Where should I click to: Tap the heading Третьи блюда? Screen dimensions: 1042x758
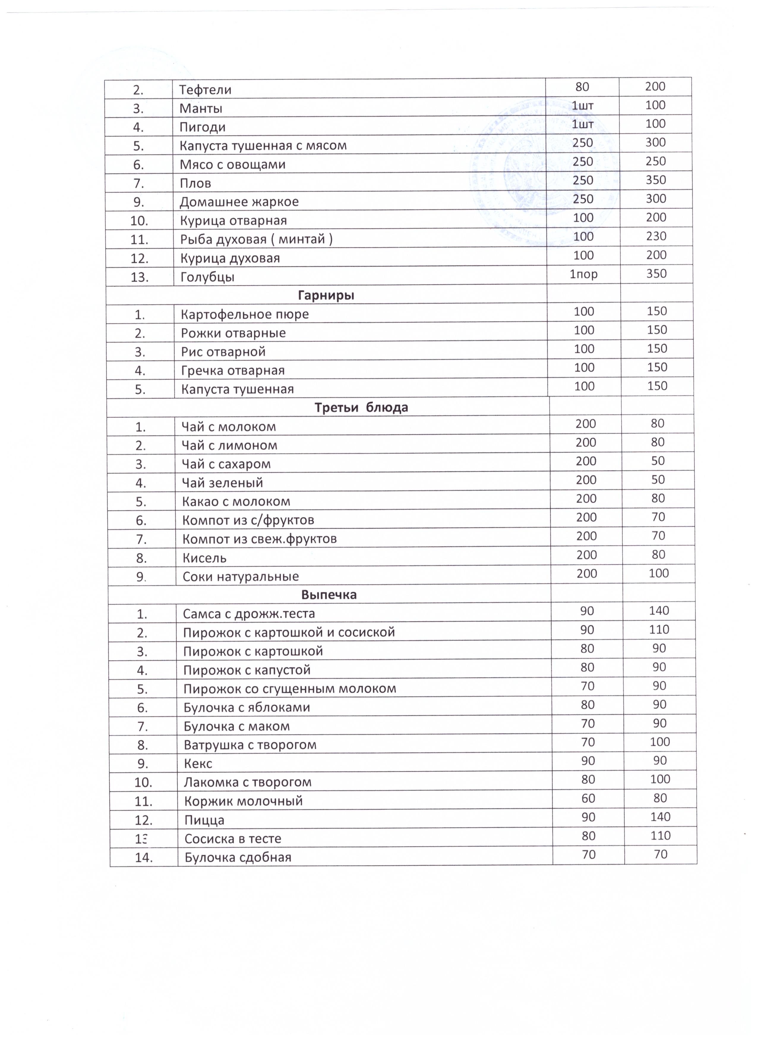[x=361, y=408]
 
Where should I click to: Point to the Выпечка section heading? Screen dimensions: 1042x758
[x=329, y=595]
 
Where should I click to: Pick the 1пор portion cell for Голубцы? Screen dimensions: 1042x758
[x=583, y=274]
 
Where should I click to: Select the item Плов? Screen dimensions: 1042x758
[x=195, y=183]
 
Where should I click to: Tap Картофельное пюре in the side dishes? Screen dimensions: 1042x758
[x=244, y=314]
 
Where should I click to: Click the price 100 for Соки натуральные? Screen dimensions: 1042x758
[x=659, y=573]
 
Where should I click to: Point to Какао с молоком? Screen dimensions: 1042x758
[x=236, y=501]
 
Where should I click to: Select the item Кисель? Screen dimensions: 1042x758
[x=205, y=558]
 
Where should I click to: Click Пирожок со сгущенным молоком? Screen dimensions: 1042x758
[x=290, y=689]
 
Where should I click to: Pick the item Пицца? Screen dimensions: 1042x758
[x=204, y=820]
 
